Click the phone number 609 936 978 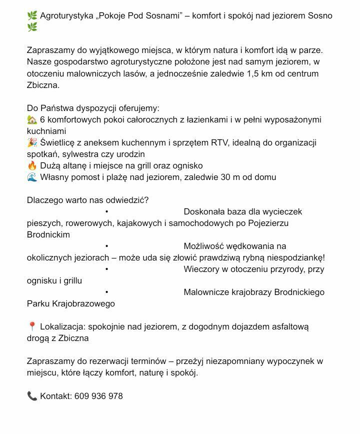pyautogui.click(x=98, y=396)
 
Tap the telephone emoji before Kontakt pyautogui.click(x=32, y=396)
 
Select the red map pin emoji pyautogui.click(x=32, y=326)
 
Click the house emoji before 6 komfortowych pyautogui.click(x=32, y=119)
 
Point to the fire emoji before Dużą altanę pyautogui.click(x=32, y=165)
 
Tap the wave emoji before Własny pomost pyautogui.click(x=32, y=177)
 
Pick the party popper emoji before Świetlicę pyautogui.click(x=32, y=142)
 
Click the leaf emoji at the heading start pyautogui.click(x=32, y=16)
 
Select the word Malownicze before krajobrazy pyautogui.click(x=206, y=292)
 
